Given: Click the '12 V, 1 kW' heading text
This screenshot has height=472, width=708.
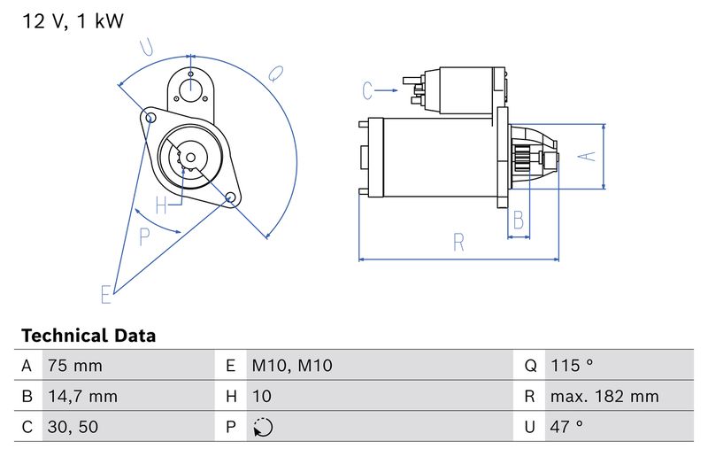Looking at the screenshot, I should pos(73,22).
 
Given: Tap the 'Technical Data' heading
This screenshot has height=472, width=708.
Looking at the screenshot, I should pos(88,336).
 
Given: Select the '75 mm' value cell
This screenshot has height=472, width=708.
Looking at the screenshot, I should pos(74,366).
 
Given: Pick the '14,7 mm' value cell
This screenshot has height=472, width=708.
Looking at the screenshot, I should pos(81,396).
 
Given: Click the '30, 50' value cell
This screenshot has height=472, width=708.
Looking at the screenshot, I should pos(73,427).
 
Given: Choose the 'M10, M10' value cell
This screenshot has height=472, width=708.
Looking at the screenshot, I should pos(291,366).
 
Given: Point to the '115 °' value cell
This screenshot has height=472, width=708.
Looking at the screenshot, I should pos(571,366).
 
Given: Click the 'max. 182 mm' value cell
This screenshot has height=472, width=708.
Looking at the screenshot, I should pos(604,396).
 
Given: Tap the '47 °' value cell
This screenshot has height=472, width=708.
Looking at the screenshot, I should pos(566,427).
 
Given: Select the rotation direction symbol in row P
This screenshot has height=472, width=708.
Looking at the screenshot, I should pos(263,427).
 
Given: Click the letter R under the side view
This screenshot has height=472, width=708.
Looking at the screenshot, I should pos(458,242).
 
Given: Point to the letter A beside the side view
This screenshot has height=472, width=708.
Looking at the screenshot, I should pos(587,156).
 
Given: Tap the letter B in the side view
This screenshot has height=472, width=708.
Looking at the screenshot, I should pos(519,219).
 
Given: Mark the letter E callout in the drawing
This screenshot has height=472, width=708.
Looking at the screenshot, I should pos(106,293).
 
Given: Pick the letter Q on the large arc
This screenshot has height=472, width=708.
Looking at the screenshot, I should pos(276,72).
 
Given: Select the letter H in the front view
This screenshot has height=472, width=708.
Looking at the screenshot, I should pos(162,205).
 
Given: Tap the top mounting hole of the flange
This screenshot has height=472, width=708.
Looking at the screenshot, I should pos(190,87).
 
